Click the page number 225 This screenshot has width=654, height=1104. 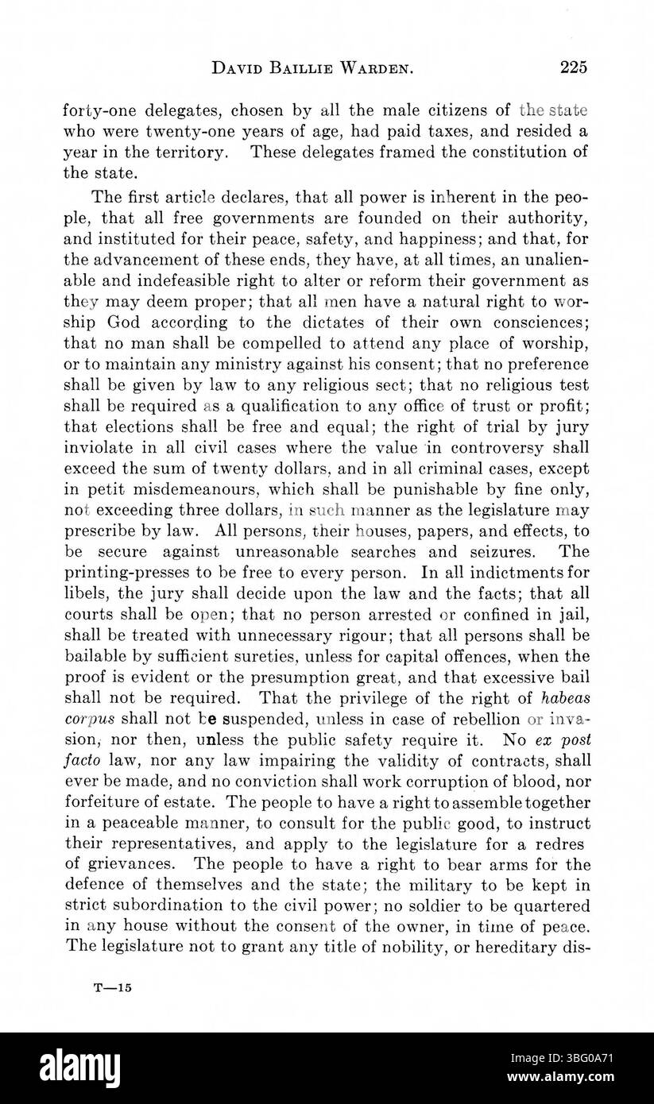point(572,68)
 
